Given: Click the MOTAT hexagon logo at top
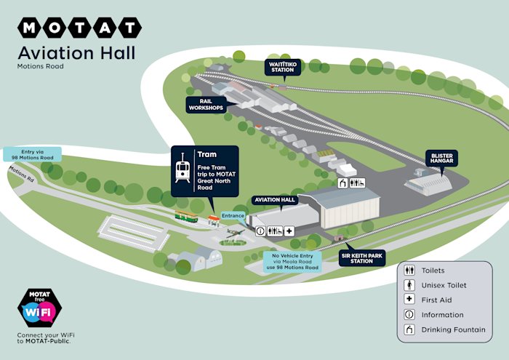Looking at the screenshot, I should point(79,28).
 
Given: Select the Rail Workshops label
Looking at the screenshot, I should point(205,105).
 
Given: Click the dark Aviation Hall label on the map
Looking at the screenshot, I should point(275,199).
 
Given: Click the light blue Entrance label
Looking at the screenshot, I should point(233,216).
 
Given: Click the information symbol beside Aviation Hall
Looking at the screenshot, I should point(260,231).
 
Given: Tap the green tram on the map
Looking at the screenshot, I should point(187,216).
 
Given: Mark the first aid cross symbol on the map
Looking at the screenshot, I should point(289,231).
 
